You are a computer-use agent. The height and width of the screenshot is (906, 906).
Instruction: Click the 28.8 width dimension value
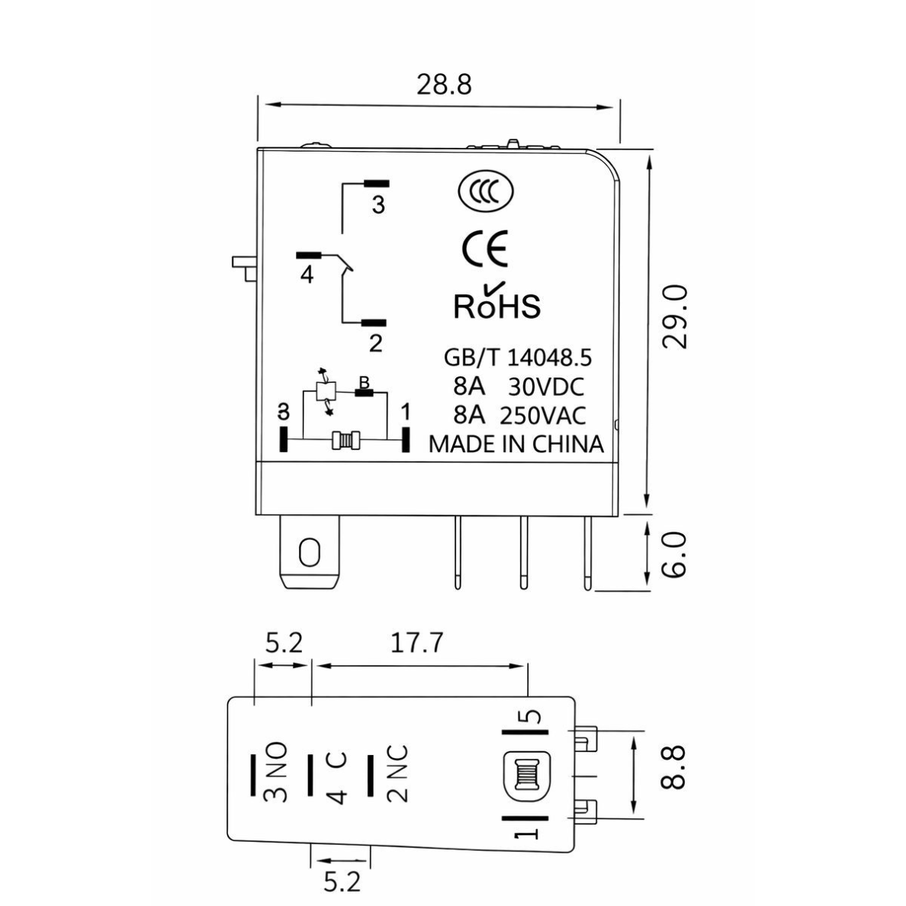click(x=444, y=85)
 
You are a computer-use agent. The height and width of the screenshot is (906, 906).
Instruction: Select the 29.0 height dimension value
click(x=674, y=316)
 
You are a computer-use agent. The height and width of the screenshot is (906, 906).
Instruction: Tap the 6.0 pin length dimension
click(x=674, y=554)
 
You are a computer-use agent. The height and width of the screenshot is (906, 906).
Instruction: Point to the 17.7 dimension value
click(x=416, y=643)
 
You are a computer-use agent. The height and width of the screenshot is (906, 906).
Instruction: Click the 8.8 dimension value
click(x=673, y=767)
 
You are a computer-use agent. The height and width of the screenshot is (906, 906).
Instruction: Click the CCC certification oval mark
click(x=485, y=191)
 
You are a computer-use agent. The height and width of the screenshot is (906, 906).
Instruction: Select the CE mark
click(x=485, y=249)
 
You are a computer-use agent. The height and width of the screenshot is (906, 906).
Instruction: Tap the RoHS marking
click(x=497, y=300)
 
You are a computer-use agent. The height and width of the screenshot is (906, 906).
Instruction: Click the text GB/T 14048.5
click(x=518, y=358)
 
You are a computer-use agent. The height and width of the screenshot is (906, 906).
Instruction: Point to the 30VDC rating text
click(x=546, y=387)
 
